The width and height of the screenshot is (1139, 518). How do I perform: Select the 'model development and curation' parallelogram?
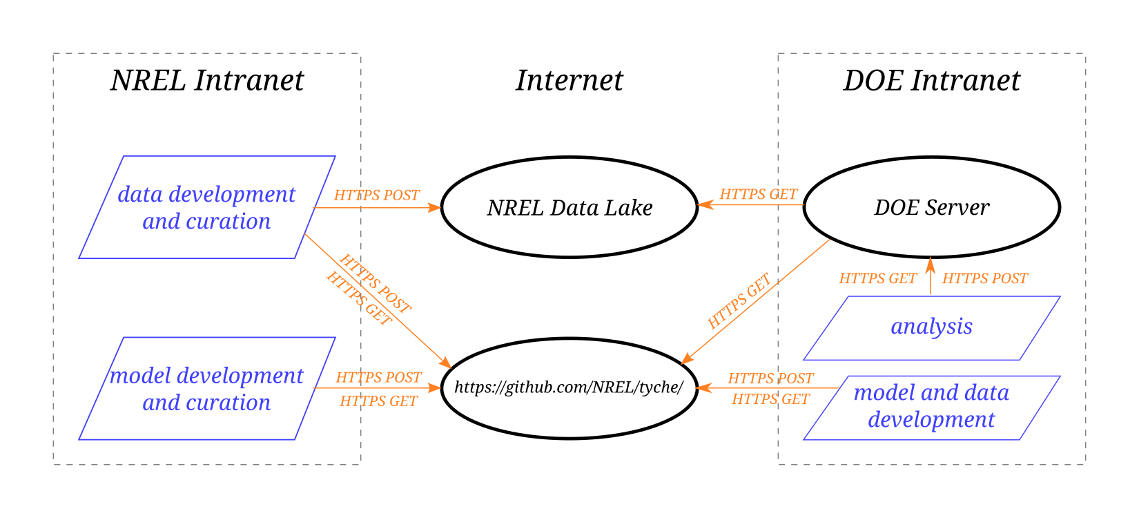click(207, 388)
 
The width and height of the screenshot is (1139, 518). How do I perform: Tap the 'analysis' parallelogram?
click(932, 328)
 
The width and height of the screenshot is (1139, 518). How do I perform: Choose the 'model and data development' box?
click(932, 407)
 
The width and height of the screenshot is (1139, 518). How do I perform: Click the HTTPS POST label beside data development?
click(377, 195)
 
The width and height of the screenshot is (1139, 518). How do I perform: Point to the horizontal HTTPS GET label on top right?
click(759, 195)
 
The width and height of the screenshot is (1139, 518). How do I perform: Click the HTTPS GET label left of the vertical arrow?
click(877, 279)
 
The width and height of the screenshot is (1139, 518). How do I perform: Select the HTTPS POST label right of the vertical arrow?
click(985, 279)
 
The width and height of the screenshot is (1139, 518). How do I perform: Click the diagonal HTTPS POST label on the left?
click(375, 284)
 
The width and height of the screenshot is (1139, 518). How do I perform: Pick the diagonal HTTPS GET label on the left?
click(359, 299)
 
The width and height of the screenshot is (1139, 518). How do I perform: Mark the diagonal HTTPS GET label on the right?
click(739, 302)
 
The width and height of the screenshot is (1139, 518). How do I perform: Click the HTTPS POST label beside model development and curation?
click(378, 378)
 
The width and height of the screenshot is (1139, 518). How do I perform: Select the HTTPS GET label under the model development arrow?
click(378, 401)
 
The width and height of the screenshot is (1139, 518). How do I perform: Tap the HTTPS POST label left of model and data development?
click(770, 378)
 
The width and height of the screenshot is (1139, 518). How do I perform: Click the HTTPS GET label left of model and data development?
click(770, 399)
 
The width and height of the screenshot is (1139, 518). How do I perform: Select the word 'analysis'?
click(932, 327)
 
